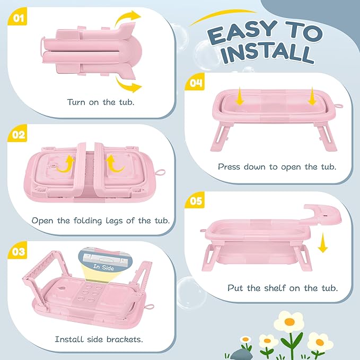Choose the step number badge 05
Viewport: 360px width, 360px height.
[195, 201]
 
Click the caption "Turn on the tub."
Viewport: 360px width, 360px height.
[101, 101]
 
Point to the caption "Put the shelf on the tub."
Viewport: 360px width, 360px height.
[283, 288]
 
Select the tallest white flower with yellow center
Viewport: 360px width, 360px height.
[289, 321]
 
